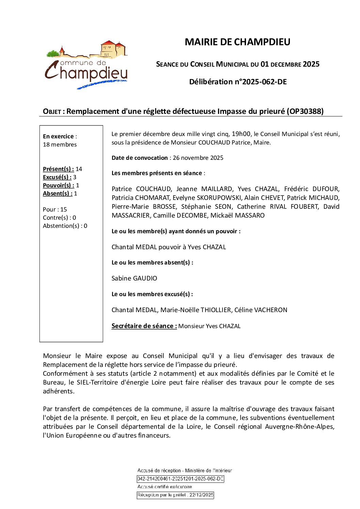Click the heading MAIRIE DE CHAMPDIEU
pyautogui.click(x=237, y=42)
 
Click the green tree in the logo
pyautogui.click(x=53, y=53)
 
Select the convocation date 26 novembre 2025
pyautogui.click(x=198, y=158)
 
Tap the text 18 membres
pyautogui.click(x=60, y=145)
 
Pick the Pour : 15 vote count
pyautogui.click(x=55, y=209)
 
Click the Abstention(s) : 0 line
pyautogui.click(x=65, y=226)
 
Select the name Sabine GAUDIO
pyautogui.click(x=134, y=278)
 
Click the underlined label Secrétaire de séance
pyautogui.click(x=144, y=326)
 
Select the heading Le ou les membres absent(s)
pyautogui.click(x=152, y=262)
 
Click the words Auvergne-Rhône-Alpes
pyautogui.click(x=299, y=427)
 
